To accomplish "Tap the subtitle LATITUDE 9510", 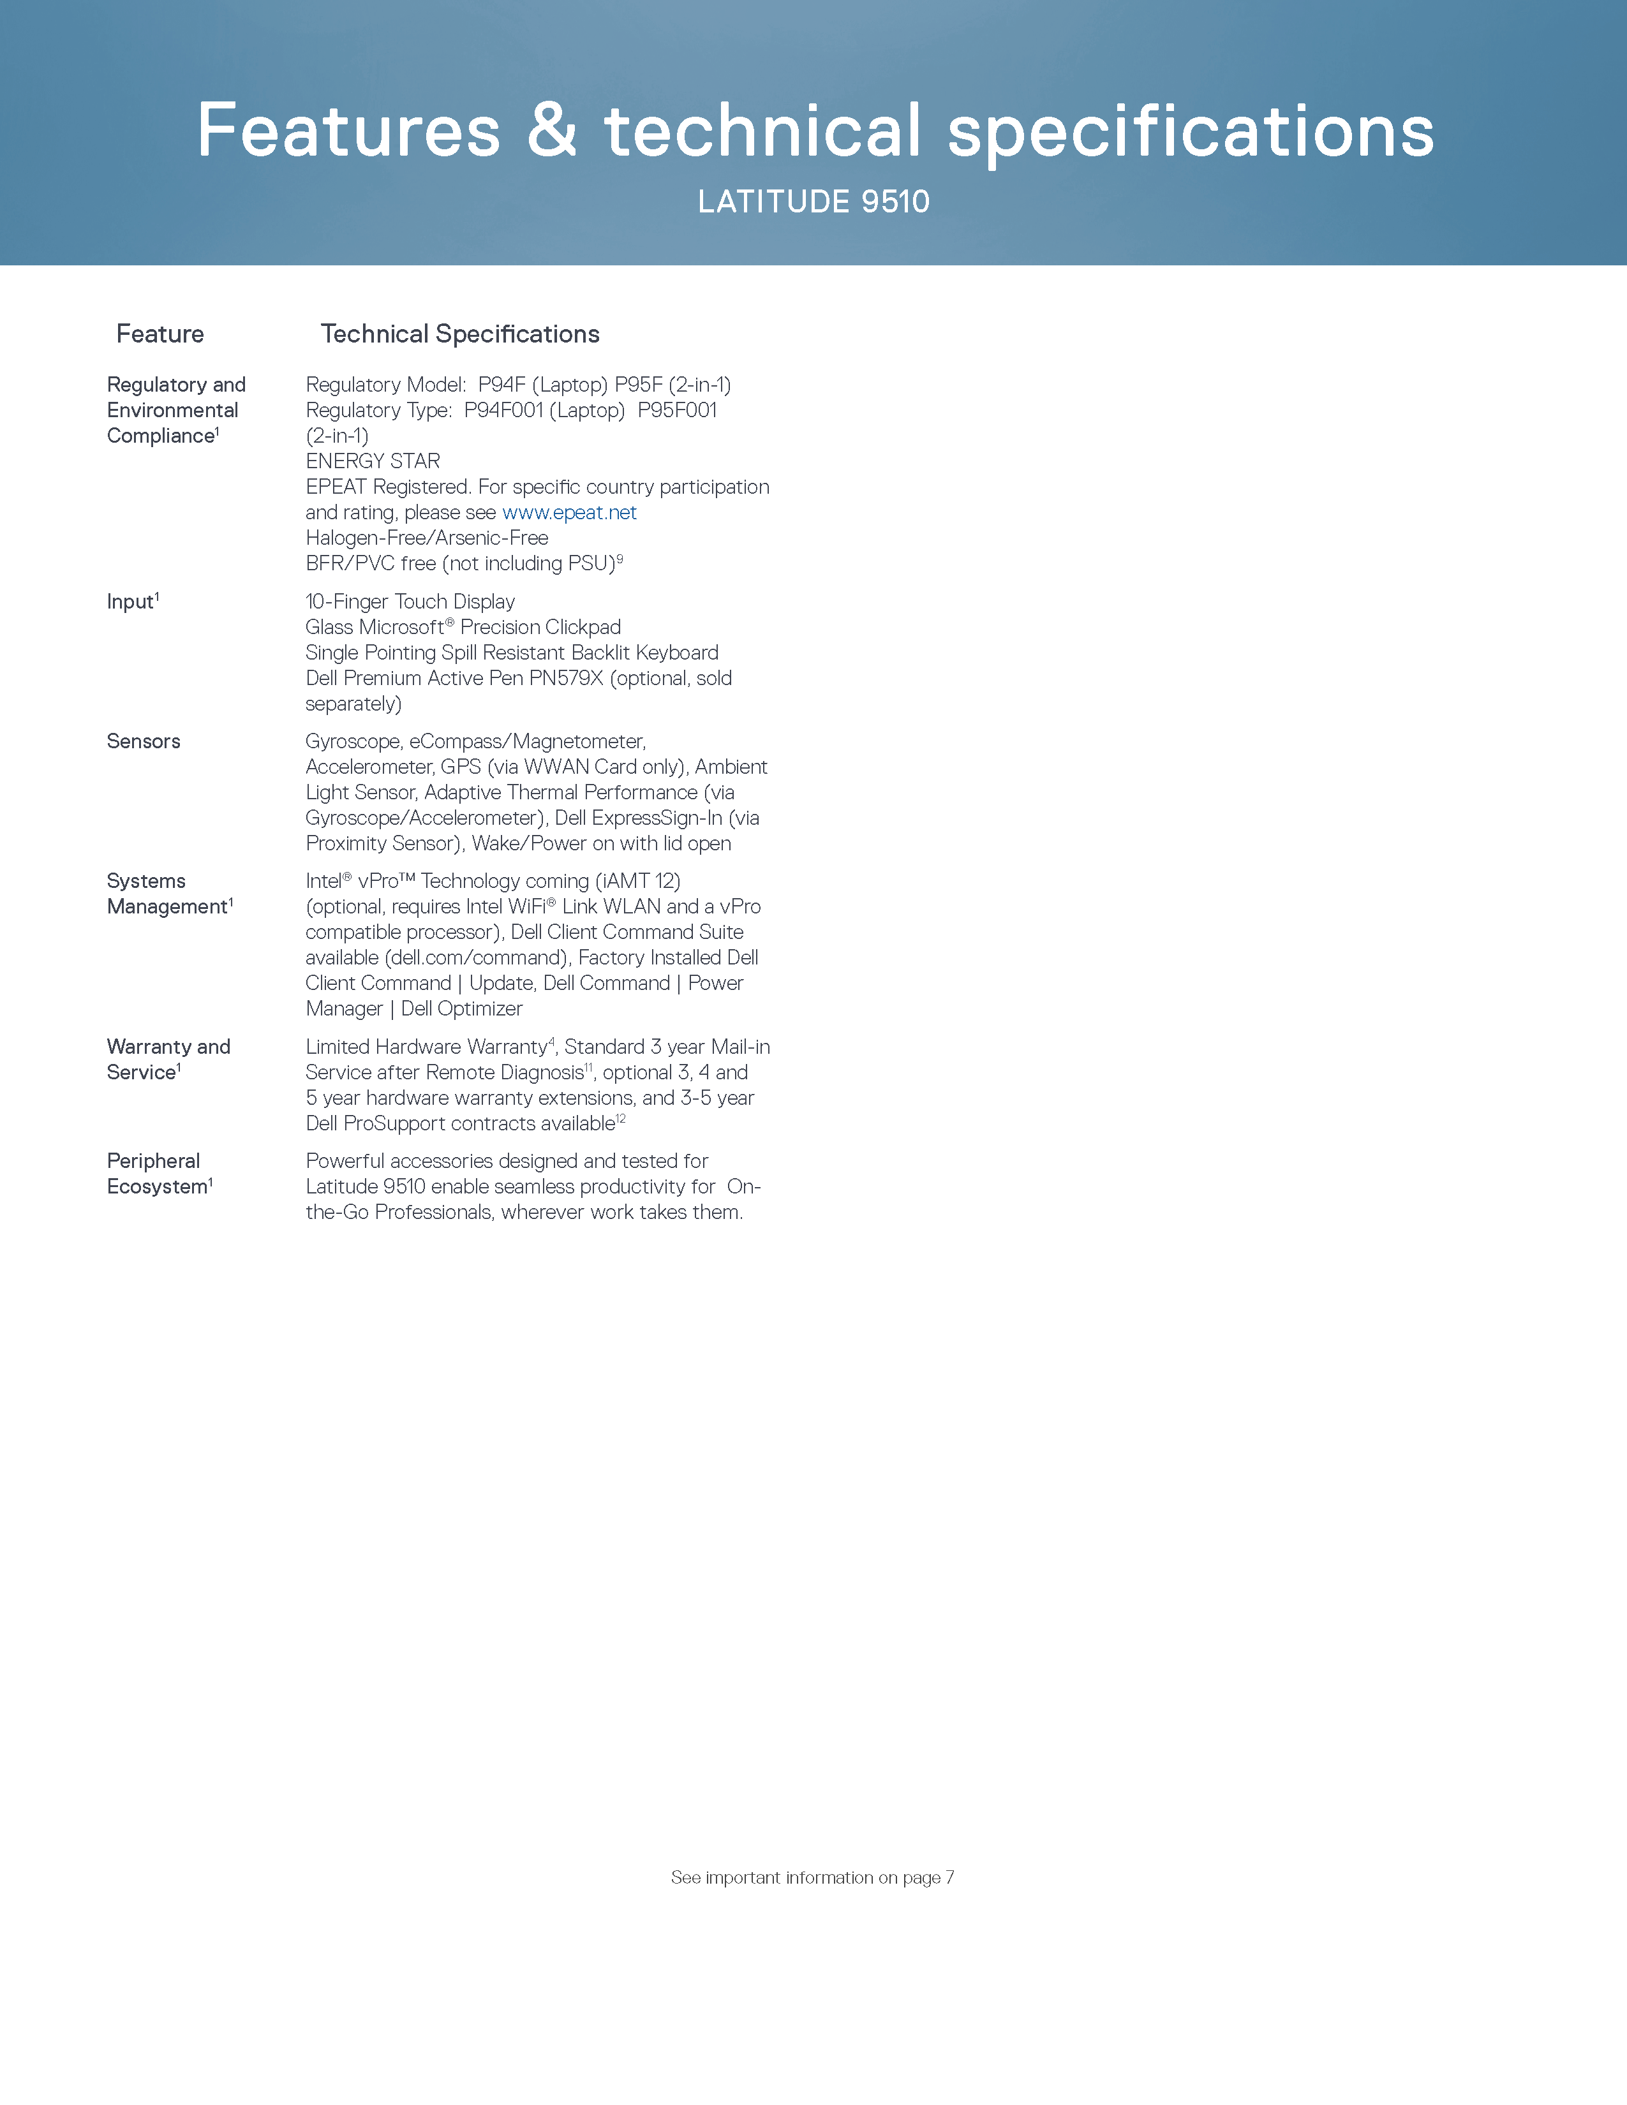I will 813,202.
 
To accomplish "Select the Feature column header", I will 160,334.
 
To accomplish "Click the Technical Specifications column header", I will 460,334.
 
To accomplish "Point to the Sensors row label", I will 144,741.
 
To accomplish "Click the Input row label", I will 131,602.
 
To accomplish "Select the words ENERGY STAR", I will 373,462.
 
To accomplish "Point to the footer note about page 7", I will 812,1877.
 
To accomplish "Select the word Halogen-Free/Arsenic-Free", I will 427,538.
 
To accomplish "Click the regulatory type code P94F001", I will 503,411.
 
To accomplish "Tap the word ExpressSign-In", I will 657,818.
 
